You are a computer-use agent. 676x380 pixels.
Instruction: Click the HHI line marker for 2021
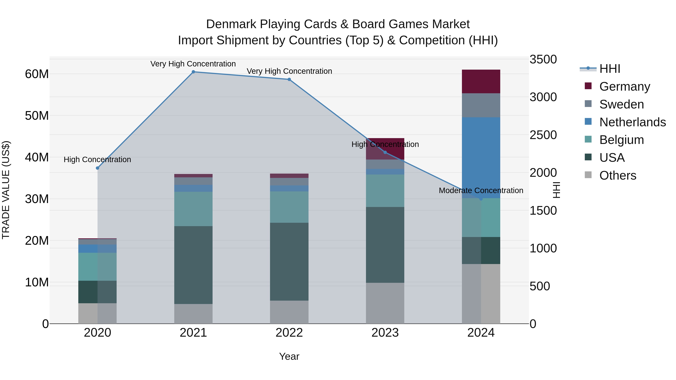[x=193, y=72]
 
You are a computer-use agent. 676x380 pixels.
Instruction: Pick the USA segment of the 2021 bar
[x=193, y=265]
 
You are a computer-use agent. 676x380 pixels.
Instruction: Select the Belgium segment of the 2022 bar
[x=289, y=207]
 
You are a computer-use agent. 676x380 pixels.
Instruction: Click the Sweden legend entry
[x=621, y=104]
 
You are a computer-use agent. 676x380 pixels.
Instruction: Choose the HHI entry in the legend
[x=610, y=69]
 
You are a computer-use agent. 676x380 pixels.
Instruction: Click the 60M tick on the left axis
[x=37, y=74]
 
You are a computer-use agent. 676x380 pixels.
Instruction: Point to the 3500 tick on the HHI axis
[x=543, y=59]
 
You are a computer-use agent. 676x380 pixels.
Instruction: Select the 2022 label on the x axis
[x=289, y=333]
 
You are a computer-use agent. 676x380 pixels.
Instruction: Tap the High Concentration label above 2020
[x=97, y=160]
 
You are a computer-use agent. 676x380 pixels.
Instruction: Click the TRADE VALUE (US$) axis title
[x=6, y=190]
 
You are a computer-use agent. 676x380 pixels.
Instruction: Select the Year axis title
[x=289, y=356]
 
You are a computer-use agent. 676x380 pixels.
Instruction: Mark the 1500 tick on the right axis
[x=543, y=211]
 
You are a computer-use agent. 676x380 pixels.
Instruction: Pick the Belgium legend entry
[x=621, y=140]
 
